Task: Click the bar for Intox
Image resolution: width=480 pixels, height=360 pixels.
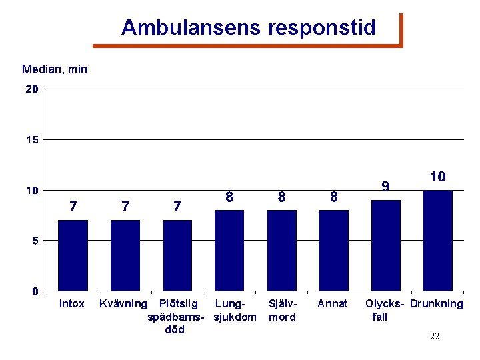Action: coord(73,255)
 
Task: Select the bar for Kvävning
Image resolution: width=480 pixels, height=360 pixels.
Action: coord(125,255)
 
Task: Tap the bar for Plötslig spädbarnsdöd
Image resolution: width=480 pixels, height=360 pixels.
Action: coord(177,255)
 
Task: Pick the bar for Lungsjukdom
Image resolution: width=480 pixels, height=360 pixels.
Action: coord(229,251)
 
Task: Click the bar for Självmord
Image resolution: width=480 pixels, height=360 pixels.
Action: coord(281,251)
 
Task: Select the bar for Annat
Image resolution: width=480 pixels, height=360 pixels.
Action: coord(333,251)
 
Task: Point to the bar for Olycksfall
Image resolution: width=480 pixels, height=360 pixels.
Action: coord(385,245)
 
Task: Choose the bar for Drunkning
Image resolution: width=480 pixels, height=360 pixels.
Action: coord(437,241)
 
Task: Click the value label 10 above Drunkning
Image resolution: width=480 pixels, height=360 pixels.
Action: coord(437,177)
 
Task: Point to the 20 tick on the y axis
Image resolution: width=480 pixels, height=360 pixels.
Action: coord(31,89)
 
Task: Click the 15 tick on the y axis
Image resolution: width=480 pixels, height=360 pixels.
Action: coord(31,139)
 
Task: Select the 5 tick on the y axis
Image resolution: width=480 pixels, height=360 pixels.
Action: coord(35,240)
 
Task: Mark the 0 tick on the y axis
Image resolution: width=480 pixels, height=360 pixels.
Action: coord(35,291)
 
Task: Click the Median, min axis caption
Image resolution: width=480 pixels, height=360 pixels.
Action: coord(55,69)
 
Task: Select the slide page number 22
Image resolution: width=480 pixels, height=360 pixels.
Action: coord(435,337)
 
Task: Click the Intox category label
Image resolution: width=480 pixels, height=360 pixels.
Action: coord(72,304)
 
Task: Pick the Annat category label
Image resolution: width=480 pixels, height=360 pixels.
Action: coord(332,304)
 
